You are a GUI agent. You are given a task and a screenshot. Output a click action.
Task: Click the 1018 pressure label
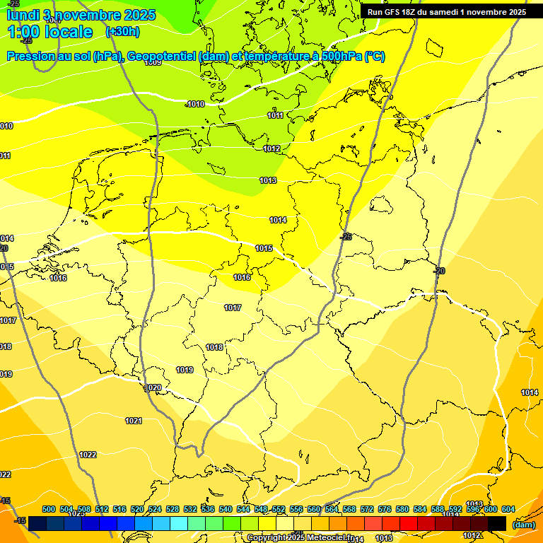[x=214, y=347]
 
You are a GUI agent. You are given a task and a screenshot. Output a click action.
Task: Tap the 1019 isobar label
[x=185, y=370]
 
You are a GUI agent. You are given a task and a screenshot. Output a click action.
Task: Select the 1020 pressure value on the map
[x=153, y=388]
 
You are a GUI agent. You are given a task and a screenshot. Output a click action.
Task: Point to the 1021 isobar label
[x=134, y=421]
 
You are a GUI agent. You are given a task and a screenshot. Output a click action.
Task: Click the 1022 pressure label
[x=88, y=455]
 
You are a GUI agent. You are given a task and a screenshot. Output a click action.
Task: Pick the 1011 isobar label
[x=276, y=115]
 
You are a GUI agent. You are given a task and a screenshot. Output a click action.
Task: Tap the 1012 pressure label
[x=271, y=148]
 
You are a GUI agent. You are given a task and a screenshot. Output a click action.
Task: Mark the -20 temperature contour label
[x=439, y=271]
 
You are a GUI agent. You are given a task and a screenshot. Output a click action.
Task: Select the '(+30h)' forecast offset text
[x=122, y=32]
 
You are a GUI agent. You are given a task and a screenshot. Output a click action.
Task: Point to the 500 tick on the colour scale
[x=49, y=509]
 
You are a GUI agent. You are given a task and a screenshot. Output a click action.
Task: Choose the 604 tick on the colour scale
[x=508, y=509]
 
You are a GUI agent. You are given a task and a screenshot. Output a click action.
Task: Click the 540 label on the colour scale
[x=226, y=509]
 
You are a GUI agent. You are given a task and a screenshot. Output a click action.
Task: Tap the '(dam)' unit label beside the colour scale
[x=523, y=524]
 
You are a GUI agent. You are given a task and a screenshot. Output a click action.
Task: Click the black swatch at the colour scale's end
[x=497, y=523]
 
